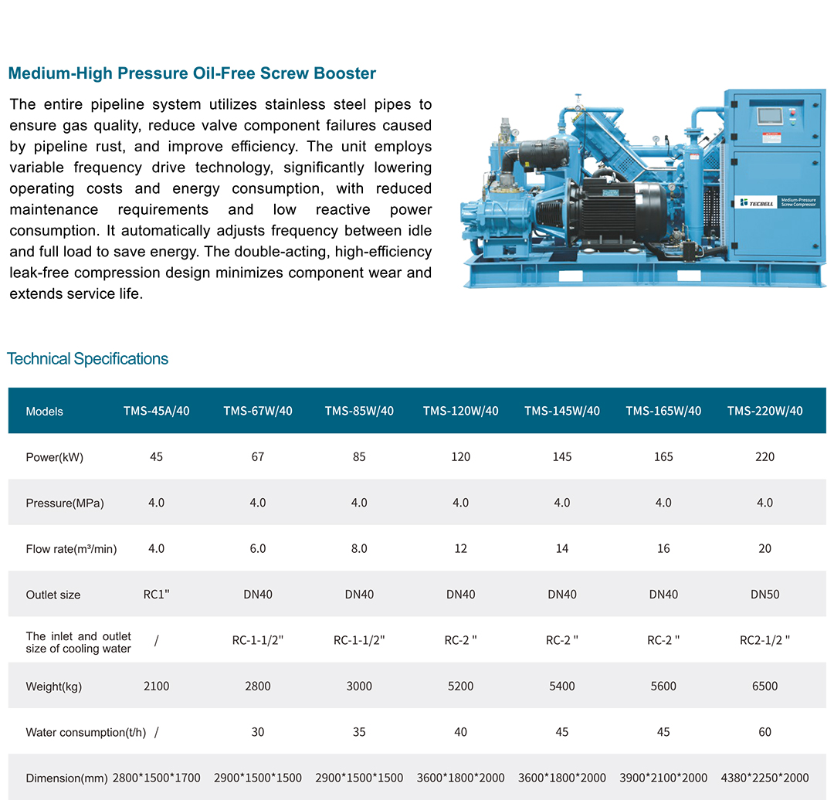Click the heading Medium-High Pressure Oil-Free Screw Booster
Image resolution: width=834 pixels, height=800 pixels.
(192, 74)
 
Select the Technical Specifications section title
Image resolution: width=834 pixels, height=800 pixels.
(87, 359)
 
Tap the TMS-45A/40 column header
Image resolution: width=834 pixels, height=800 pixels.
(156, 411)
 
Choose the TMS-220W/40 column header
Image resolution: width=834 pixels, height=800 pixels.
(764, 411)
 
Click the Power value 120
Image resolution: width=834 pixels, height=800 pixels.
(460, 457)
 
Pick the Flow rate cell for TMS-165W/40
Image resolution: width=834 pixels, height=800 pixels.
(663, 549)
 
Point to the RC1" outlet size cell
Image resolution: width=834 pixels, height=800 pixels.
(156, 595)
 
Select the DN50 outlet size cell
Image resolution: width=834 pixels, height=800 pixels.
(764, 595)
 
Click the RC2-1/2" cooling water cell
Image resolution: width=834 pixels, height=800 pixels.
(764, 640)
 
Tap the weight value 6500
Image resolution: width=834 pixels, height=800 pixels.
(764, 686)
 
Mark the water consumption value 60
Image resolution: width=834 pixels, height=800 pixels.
(764, 732)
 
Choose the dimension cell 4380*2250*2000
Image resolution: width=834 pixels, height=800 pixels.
(764, 778)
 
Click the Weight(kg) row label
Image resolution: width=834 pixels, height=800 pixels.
(53, 686)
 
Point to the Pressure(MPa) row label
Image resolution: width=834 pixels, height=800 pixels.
(64, 503)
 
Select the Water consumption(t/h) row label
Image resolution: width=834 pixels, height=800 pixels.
(86, 732)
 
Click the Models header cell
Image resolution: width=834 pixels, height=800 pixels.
(44, 412)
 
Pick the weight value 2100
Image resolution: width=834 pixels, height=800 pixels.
(156, 686)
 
